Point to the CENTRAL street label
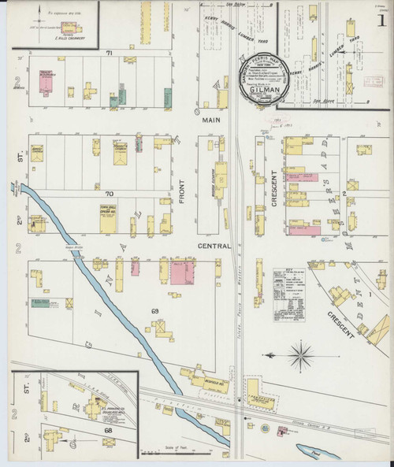(x=214, y=246)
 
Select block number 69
(x=155, y=312)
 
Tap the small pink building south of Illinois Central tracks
(x=280, y=430)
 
